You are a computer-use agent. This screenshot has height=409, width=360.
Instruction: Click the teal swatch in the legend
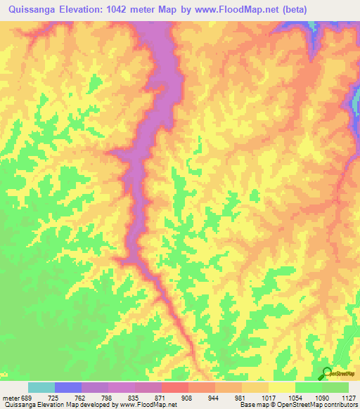pyautogui.click(x=41, y=387)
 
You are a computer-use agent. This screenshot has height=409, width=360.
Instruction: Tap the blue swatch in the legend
pyautogui.click(x=68, y=387)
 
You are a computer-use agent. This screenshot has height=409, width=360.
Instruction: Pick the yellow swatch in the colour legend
pyautogui.click(x=282, y=387)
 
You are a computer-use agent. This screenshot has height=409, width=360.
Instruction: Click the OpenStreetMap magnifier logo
pyautogui.click(x=327, y=373)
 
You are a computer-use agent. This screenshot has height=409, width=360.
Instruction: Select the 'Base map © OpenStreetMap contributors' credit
pyautogui.click(x=299, y=405)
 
